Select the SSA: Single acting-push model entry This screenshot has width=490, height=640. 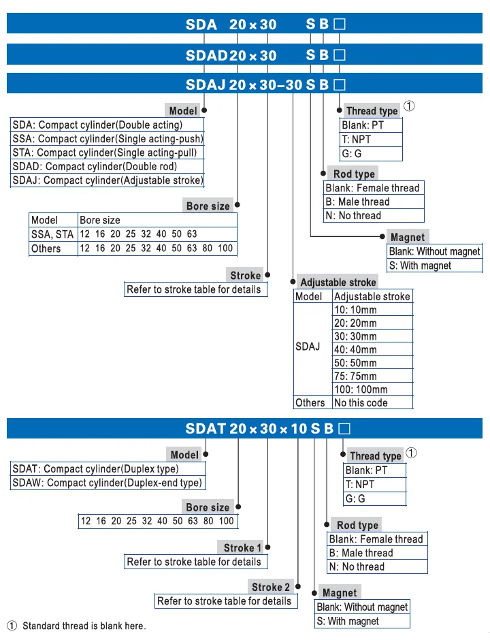point(108,139)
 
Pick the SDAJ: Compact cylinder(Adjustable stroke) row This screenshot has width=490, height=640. point(108,180)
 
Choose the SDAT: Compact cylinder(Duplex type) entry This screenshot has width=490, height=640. point(95,468)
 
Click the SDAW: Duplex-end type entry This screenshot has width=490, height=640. point(108,483)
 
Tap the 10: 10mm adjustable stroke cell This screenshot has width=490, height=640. point(355,310)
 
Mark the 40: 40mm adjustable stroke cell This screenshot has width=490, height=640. point(355,350)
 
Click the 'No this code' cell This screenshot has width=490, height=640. point(361,403)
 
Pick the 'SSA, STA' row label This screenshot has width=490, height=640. point(52,234)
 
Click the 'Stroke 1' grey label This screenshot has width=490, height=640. point(242,548)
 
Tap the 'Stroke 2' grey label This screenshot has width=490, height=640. point(270,587)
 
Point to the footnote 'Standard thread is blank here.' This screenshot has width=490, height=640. point(84,626)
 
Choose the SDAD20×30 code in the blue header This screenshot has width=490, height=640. point(231,55)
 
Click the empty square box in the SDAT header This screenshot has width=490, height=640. point(345,428)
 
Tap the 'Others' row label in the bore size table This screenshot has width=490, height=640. point(46,249)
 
